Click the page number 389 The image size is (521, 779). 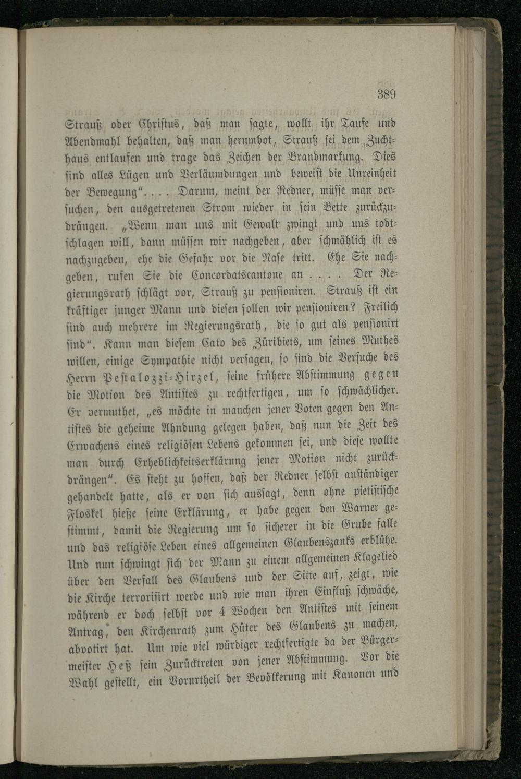click(386, 94)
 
